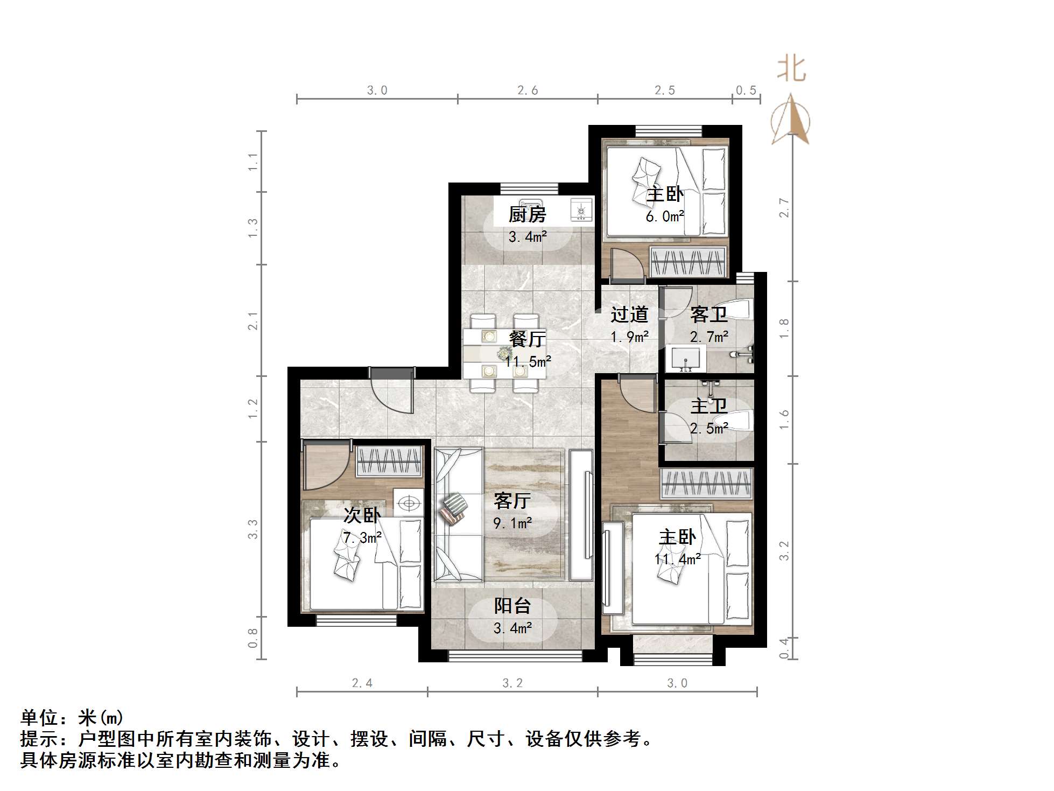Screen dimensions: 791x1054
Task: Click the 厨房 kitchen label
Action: coord(528,215)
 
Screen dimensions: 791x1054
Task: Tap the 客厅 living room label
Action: coord(512,501)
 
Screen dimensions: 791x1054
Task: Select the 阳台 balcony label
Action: coord(512,606)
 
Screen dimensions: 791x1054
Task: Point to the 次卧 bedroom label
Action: coord(362,515)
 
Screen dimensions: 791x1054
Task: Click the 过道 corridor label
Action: coord(629,315)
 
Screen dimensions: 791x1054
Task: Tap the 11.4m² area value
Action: coord(677,559)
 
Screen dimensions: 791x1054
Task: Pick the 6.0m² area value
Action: coord(665,216)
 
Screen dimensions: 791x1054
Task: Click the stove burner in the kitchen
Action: coord(581,209)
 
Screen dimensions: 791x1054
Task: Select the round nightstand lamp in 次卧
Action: coord(409,503)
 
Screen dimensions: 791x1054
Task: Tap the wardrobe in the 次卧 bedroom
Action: coord(389,461)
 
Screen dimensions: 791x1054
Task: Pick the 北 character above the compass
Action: coord(791,69)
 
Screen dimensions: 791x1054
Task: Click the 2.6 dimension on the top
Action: coord(528,90)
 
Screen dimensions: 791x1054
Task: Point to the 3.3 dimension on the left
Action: coord(252,529)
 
